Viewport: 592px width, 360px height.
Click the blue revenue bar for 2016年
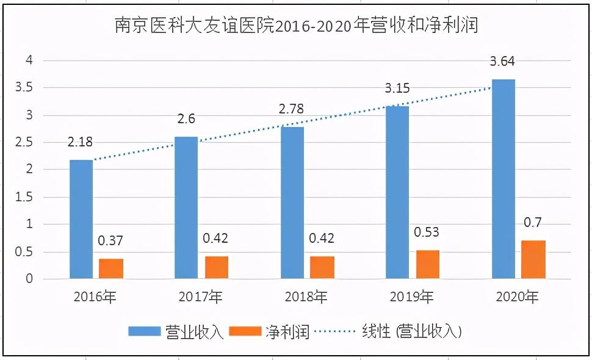(x=81, y=220)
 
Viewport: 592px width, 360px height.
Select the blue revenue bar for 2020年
(x=504, y=179)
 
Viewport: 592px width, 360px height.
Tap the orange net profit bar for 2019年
(x=427, y=264)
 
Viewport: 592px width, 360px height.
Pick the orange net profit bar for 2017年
(x=217, y=267)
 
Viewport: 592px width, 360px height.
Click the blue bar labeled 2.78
(x=292, y=203)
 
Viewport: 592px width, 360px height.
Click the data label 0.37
(x=111, y=241)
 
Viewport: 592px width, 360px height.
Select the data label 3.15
(x=397, y=89)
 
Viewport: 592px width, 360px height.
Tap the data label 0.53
(x=427, y=232)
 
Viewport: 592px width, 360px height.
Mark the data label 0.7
(x=532, y=222)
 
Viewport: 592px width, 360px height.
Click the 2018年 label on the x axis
(x=306, y=298)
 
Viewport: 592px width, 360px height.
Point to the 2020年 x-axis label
(x=517, y=298)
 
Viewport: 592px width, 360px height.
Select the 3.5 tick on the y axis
(x=25, y=87)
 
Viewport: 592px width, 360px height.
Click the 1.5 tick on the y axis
(x=25, y=197)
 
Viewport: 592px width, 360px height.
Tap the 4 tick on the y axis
(x=28, y=60)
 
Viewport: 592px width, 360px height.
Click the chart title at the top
(x=296, y=25)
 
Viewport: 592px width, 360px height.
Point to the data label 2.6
(x=187, y=120)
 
